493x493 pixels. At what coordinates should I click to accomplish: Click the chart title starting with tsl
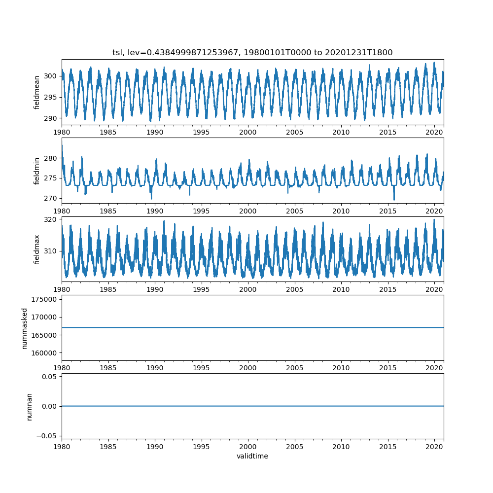tap(252, 53)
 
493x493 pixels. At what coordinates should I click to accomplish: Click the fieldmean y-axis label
tap(36, 92)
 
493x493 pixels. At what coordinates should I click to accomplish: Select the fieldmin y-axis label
tap(36, 171)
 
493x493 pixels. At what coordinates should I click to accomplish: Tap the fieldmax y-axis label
tap(36, 249)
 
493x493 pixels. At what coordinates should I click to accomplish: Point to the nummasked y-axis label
tap(24, 328)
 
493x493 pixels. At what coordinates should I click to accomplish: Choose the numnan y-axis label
tap(29, 406)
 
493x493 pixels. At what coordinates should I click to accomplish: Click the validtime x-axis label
tap(252, 457)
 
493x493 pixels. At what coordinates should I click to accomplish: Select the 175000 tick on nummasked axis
tap(44, 299)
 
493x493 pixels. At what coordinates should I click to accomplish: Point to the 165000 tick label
tap(44, 335)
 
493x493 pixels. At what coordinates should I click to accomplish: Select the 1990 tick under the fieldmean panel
tap(155, 132)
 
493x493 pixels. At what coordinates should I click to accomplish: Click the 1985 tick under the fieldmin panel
tap(108, 211)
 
